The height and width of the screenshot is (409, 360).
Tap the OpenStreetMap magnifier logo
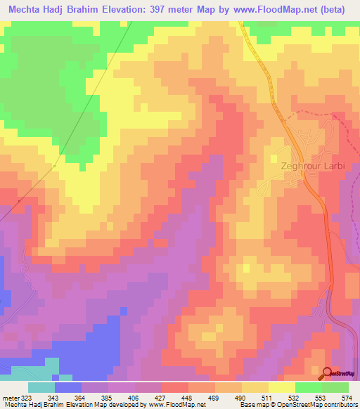click(328, 375)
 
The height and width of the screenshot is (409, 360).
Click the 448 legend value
click(186, 398)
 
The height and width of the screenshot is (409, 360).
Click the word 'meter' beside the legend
click(11, 398)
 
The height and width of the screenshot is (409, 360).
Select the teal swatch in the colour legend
click(41, 387)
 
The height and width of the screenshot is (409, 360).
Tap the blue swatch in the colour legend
click(67, 387)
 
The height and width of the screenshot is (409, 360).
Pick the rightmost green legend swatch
click(335, 387)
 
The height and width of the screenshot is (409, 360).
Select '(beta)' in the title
click(339, 9)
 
